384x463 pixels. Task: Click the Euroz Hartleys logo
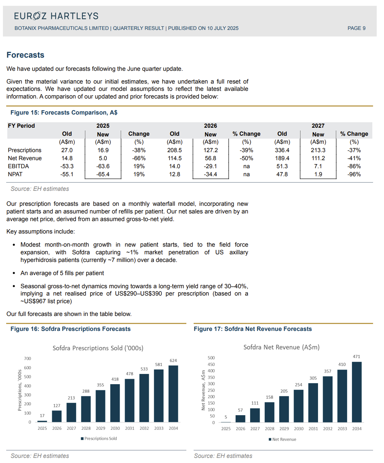(56, 16)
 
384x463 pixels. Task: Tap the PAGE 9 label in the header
(356, 28)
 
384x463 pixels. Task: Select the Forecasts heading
(26, 55)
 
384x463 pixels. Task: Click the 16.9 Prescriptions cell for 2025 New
(103, 150)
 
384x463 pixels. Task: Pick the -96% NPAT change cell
(354, 174)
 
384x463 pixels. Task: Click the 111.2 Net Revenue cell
(318, 158)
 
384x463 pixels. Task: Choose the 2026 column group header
(210, 126)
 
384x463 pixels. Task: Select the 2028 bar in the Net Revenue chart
(269, 412)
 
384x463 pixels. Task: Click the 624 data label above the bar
(173, 360)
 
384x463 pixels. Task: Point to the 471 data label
(356, 356)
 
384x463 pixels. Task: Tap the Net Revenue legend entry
(284, 439)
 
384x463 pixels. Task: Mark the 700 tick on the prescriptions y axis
(28, 359)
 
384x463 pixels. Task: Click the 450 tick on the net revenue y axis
(211, 364)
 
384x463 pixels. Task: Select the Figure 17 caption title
(253, 329)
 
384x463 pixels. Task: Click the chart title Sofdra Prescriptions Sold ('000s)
(98, 348)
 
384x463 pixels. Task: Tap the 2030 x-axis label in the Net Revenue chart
(299, 429)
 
